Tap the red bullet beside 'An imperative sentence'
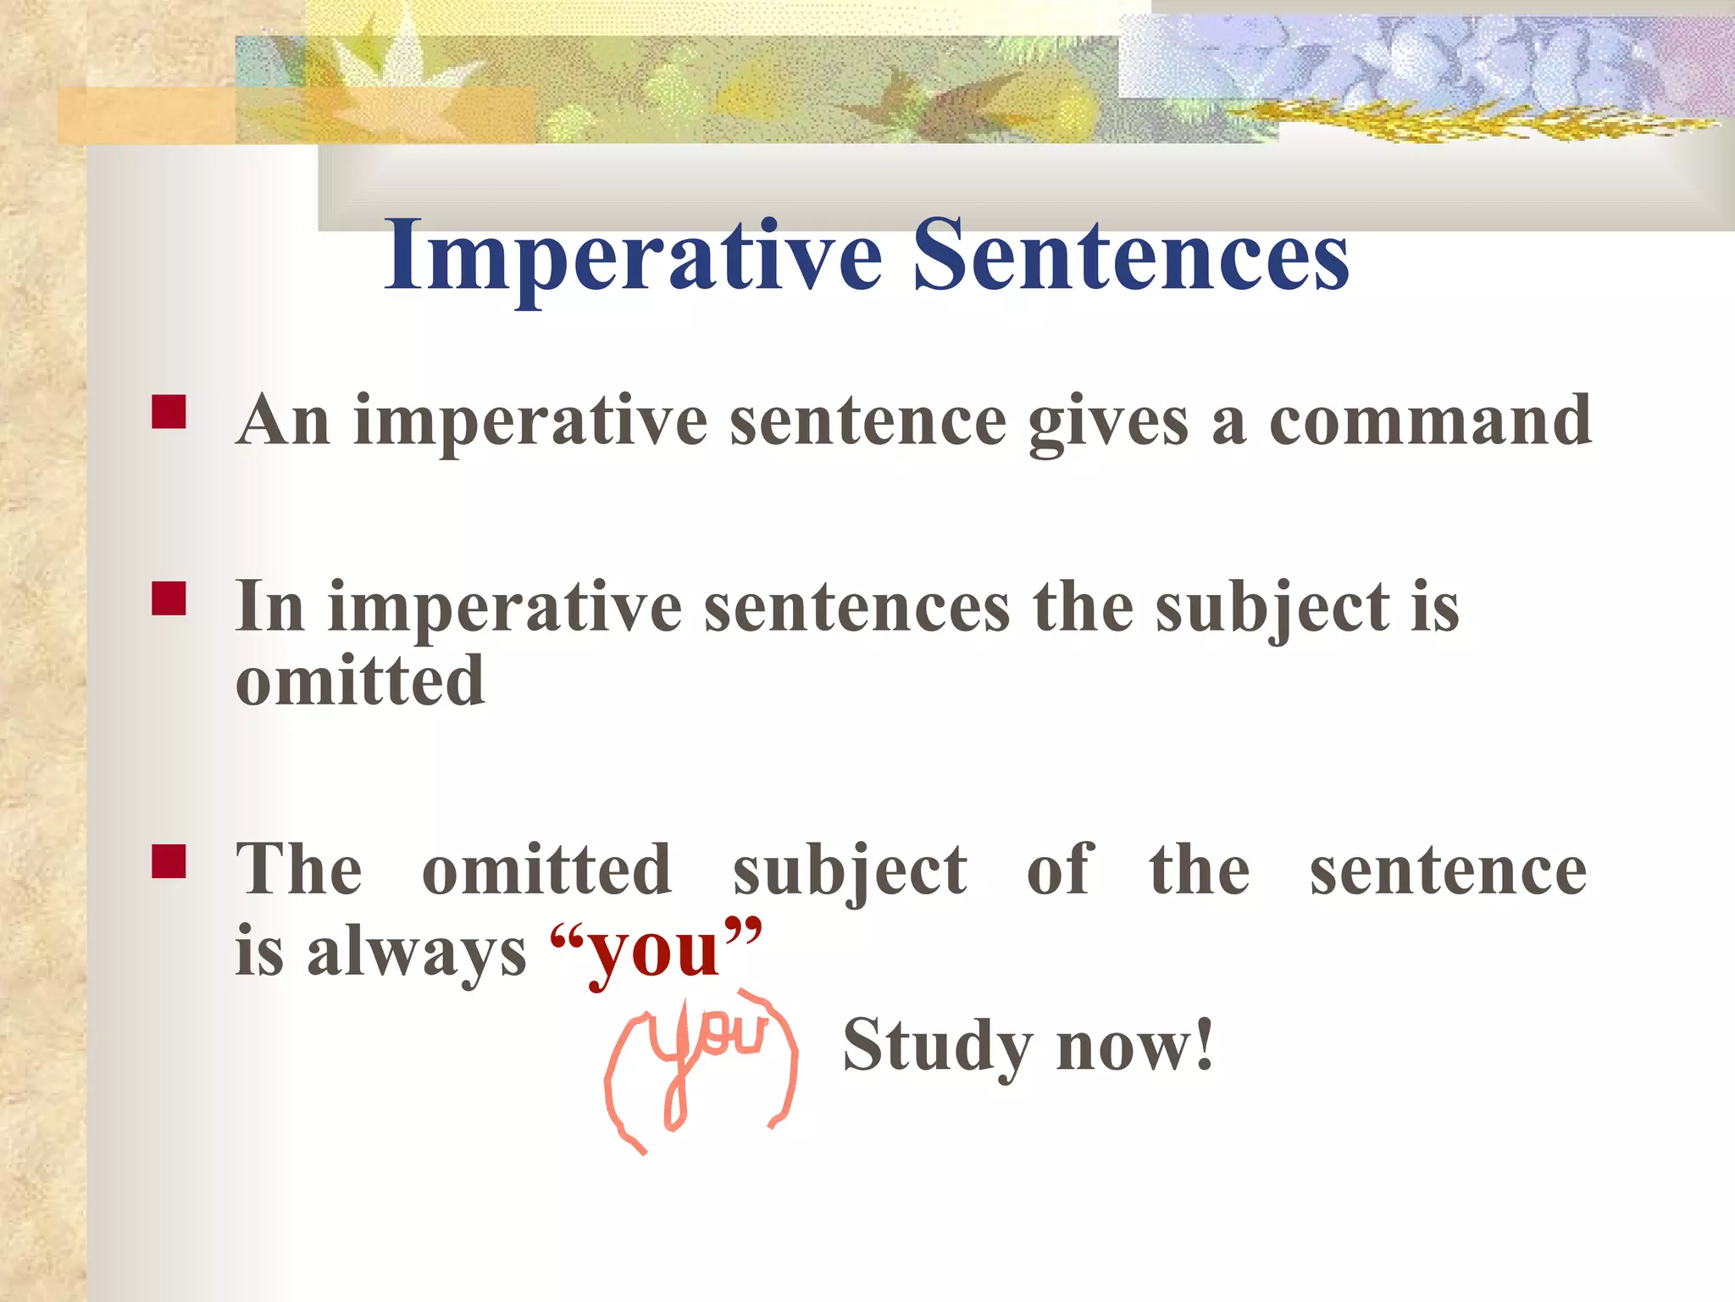[169, 412]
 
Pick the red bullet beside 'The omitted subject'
[169, 861]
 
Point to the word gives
[1108, 421]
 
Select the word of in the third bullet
[1060, 870]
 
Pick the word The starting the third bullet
[299, 870]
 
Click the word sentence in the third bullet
[1448, 871]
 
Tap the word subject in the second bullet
[1272, 609]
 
